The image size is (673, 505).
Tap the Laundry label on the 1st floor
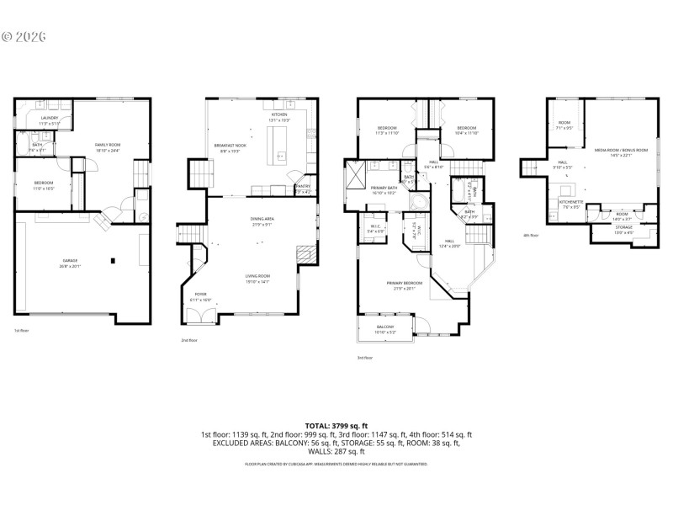coord(48,120)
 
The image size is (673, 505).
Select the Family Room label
coord(108,146)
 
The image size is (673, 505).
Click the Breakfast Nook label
coord(229,146)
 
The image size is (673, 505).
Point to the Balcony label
coord(385,328)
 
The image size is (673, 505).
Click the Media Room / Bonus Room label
coord(621,151)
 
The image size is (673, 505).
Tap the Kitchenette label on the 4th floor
coord(570,202)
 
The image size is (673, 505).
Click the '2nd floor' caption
coord(188,341)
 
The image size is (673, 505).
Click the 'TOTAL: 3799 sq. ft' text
coord(336,427)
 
